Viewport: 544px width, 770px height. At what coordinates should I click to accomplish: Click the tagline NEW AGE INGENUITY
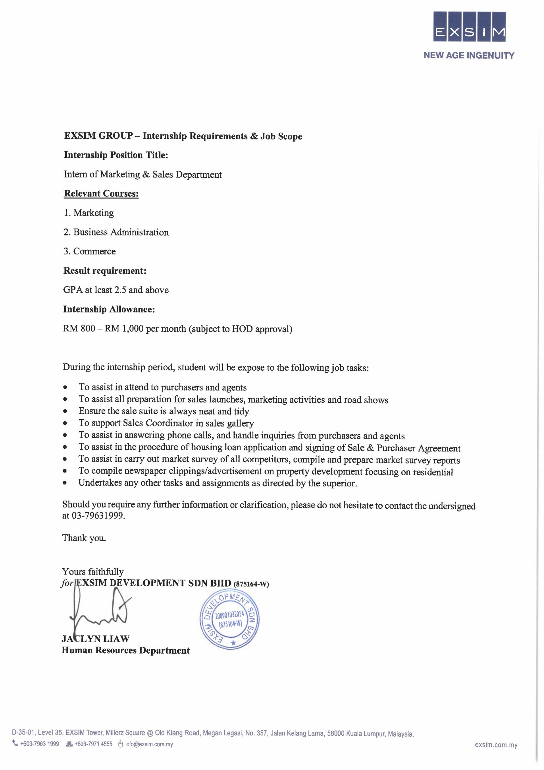[469, 56]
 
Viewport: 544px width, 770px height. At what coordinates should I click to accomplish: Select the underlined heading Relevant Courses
[101, 193]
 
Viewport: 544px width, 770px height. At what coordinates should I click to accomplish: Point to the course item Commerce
[94, 251]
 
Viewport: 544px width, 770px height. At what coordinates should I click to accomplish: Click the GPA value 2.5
[120, 290]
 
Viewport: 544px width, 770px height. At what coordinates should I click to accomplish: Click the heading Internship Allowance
[109, 309]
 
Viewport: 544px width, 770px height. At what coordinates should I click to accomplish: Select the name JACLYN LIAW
[96, 639]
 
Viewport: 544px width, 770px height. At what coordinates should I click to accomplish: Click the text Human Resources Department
[126, 650]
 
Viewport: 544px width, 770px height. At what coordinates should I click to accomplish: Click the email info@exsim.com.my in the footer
[149, 744]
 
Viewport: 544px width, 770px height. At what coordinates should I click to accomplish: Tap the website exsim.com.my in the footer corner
[496, 745]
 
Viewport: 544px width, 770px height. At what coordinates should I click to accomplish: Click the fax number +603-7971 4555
[93, 744]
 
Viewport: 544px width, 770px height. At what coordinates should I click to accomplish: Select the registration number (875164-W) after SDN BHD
[251, 584]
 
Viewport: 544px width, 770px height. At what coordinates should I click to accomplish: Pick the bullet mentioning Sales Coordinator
[166, 423]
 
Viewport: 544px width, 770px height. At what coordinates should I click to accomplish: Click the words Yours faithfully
[93, 571]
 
